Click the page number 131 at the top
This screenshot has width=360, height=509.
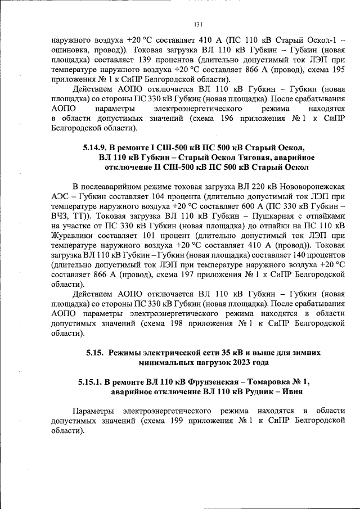[x=198, y=24]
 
